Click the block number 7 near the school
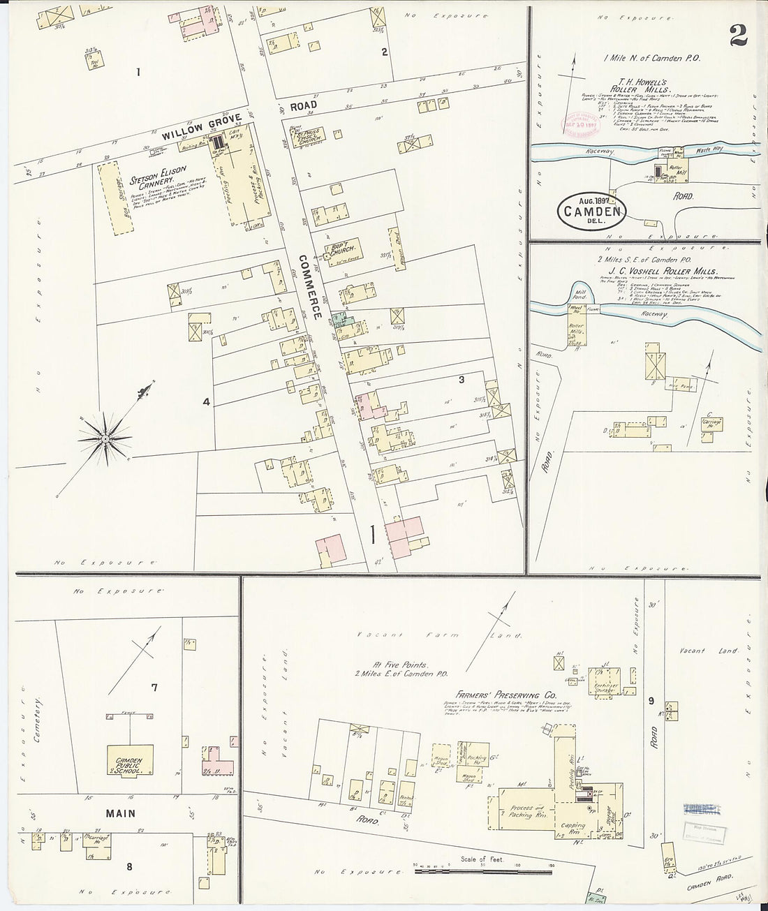154,688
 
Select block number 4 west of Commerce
205,401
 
